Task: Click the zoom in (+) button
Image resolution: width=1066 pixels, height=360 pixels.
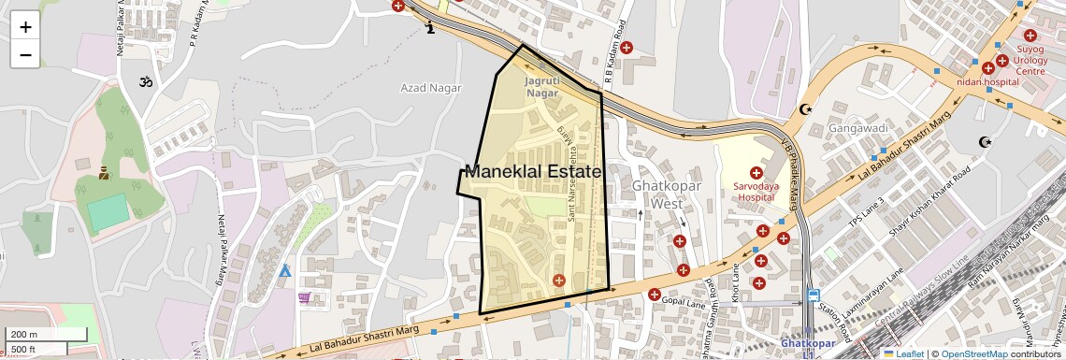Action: click(25, 26)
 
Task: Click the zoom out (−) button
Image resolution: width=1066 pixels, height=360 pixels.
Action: click(25, 54)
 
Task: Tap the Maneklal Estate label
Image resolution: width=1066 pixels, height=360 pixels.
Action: click(532, 172)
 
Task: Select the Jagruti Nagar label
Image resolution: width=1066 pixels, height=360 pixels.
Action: click(542, 87)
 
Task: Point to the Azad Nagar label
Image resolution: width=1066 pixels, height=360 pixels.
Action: click(431, 88)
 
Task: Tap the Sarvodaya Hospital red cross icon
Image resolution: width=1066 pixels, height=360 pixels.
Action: click(756, 173)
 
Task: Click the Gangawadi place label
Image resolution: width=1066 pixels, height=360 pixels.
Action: click(843, 127)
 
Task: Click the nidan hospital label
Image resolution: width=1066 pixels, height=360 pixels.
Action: click(987, 81)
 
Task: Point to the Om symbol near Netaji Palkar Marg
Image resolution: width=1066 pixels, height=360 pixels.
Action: click(145, 83)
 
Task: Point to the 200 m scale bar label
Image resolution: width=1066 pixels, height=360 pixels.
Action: click(24, 334)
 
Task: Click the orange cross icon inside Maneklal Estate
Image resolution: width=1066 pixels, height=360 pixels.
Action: click(559, 281)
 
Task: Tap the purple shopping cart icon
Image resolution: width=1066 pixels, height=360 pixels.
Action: click(304, 297)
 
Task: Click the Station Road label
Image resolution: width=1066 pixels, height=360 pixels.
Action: click(837, 323)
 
